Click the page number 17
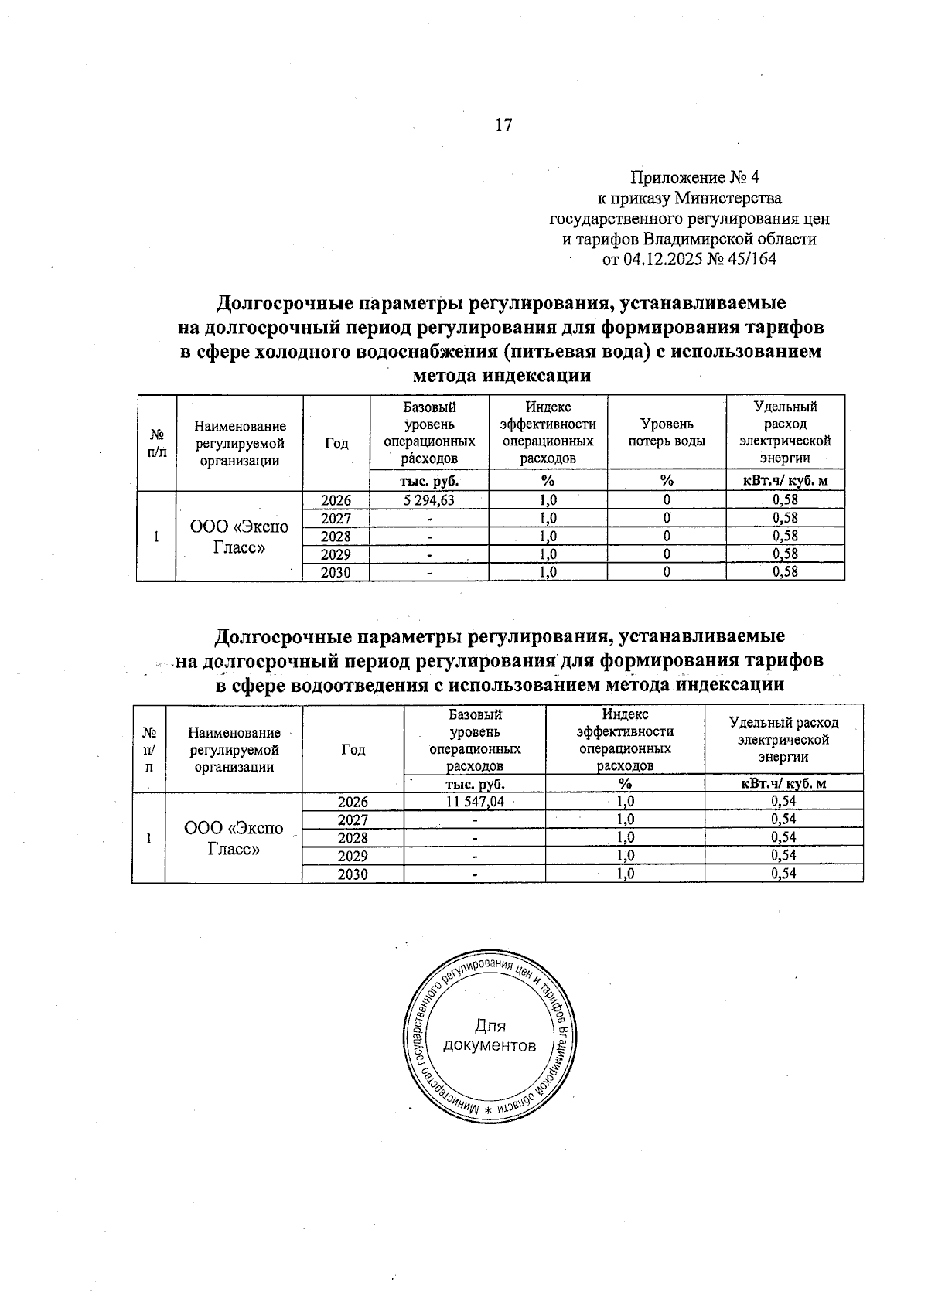click(503, 125)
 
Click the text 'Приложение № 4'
click(695, 178)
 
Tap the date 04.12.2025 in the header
click(663, 259)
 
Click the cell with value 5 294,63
click(429, 500)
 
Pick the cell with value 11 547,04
click(475, 802)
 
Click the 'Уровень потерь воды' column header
click(666, 433)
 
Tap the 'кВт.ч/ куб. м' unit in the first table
click(785, 481)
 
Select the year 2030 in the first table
click(336, 573)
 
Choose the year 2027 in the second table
click(353, 820)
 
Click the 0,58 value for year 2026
click(785, 500)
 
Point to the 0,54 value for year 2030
click(783, 874)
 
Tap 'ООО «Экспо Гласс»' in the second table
click(234, 838)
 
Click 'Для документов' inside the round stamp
click(489, 1037)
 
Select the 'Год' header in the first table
click(336, 443)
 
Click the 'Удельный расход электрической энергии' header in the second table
click(783, 739)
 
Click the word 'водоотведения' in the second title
click(349, 685)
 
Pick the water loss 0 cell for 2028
click(666, 537)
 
